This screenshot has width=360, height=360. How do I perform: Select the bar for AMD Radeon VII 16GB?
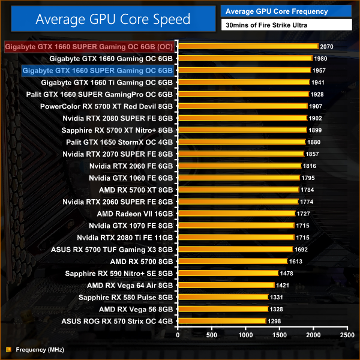tap(236, 213)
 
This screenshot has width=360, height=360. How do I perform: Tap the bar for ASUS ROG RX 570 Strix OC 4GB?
tap(222, 321)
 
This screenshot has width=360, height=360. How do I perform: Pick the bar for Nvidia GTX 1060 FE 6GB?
tap(238, 178)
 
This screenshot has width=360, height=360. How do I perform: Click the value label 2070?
tap(327, 46)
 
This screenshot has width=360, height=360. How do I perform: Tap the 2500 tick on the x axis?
tap(346, 335)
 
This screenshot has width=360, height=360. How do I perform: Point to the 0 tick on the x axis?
tap(178, 335)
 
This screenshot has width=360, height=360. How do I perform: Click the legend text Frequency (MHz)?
tap(40, 349)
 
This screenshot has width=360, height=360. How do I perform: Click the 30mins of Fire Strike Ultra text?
tap(262, 25)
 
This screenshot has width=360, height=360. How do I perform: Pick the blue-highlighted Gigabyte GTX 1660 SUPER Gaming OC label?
tap(97, 70)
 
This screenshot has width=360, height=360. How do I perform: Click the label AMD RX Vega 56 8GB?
tap(136, 309)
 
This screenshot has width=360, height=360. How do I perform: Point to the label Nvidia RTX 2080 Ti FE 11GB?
tap(125, 238)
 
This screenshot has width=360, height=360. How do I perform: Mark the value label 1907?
tap(316, 106)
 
